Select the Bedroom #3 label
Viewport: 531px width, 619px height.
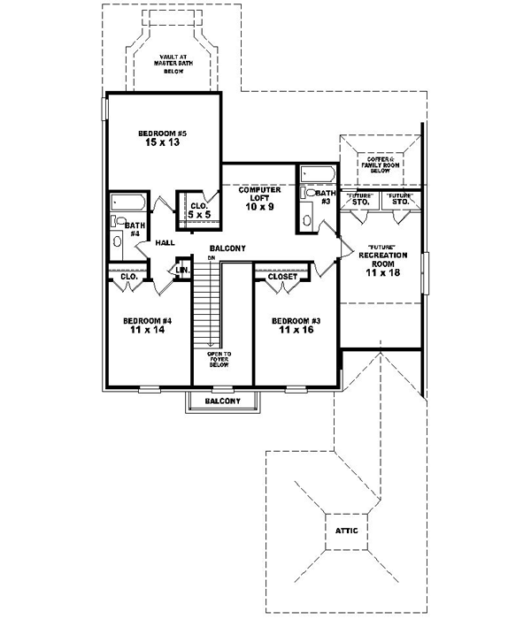(x=293, y=319)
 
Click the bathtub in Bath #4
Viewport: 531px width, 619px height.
(x=127, y=203)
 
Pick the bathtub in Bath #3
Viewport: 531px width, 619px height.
(x=316, y=173)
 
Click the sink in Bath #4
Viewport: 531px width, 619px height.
(x=118, y=241)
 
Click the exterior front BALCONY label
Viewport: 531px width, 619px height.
(x=222, y=401)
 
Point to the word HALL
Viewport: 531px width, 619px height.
(x=165, y=242)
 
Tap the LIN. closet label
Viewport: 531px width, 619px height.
(x=183, y=269)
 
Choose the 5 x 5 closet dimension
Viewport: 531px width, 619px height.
(x=198, y=213)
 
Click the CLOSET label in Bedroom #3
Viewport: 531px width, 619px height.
(x=281, y=276)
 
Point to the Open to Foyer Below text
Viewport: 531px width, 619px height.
(x=219, y=362)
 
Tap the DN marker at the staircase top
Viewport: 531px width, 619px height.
(x=212, y=257)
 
